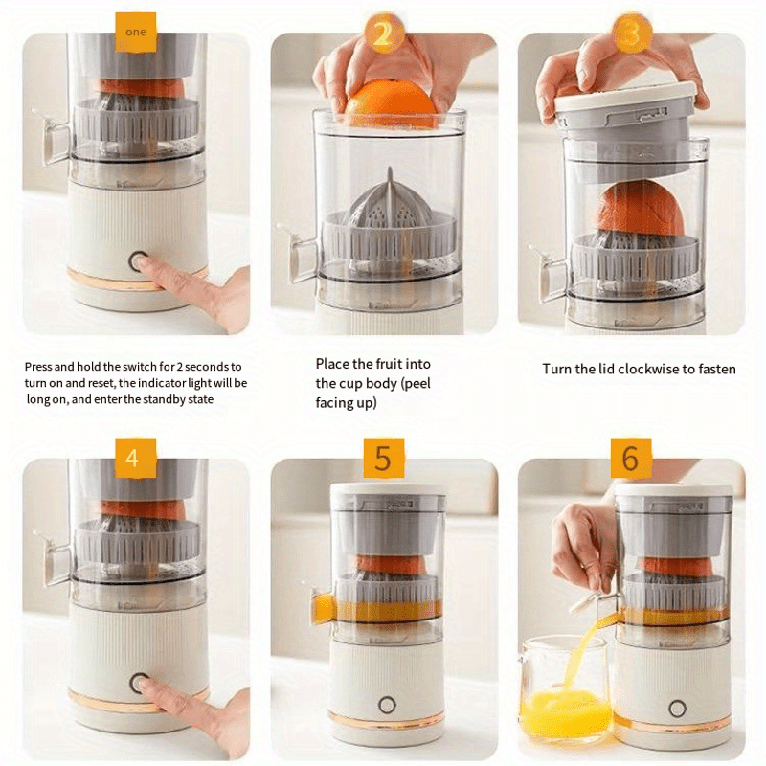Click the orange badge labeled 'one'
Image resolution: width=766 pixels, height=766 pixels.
coord(136,32)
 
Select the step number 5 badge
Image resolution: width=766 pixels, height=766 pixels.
coord(384,458)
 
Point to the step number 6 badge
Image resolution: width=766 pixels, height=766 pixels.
coord(631,458)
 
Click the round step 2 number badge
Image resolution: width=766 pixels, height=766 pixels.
coord(384,34)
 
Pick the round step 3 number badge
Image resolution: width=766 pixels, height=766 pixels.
coord(632,34)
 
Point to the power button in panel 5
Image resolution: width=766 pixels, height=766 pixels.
coord(387,705)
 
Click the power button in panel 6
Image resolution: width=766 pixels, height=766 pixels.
coord(677,708)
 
